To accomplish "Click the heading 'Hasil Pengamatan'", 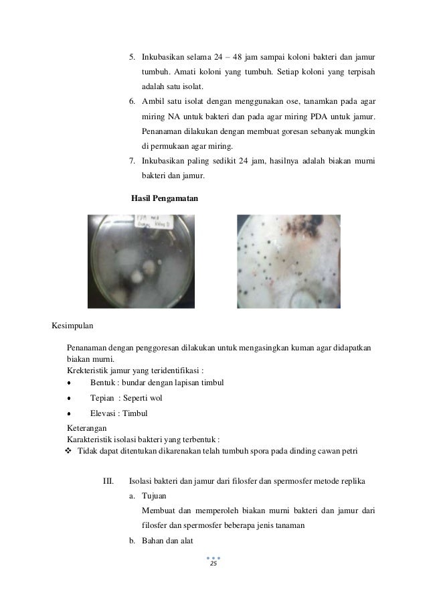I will (x=164, y=198).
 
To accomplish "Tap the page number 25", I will (x=213, y=565).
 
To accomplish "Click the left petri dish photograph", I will (x=141, y=261).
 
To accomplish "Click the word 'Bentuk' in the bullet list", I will (x=102, y=383).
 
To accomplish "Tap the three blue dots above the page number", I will (x=213, y=557).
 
